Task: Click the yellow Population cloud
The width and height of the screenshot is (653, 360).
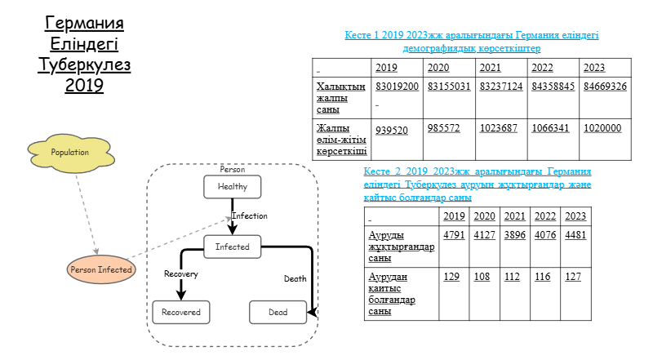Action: click(71, 153)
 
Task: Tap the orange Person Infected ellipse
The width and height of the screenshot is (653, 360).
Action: click(101, 269)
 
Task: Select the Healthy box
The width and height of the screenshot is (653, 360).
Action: click(233, 187)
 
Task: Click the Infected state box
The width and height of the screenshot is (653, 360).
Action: click(233, 247)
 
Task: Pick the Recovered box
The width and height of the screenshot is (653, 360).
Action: click(181, 312)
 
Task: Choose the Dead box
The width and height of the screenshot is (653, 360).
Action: click(278, 312)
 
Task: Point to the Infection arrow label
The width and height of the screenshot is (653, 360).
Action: click(250, 216)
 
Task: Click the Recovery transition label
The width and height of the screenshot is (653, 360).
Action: click(181, 273)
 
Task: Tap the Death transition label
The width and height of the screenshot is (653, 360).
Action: click(295, 278)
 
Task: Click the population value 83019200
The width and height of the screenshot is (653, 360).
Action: click(397, 87)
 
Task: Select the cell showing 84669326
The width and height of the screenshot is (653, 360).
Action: click(605, 87)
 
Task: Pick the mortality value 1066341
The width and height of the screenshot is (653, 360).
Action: click(550, 128)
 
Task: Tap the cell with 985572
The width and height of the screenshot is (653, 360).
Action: click(443, 128)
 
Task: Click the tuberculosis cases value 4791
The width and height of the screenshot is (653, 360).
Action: click(454, 235)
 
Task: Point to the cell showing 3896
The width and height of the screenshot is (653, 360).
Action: click(515, 235)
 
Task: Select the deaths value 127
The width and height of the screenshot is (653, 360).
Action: click(573, 277)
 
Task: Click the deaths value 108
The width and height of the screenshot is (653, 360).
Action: click(482, 277)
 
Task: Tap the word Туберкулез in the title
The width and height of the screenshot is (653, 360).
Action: click(84, 65)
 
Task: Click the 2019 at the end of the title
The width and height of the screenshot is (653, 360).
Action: click(84, 86)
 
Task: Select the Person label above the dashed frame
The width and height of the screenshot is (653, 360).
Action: click(233, 170)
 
